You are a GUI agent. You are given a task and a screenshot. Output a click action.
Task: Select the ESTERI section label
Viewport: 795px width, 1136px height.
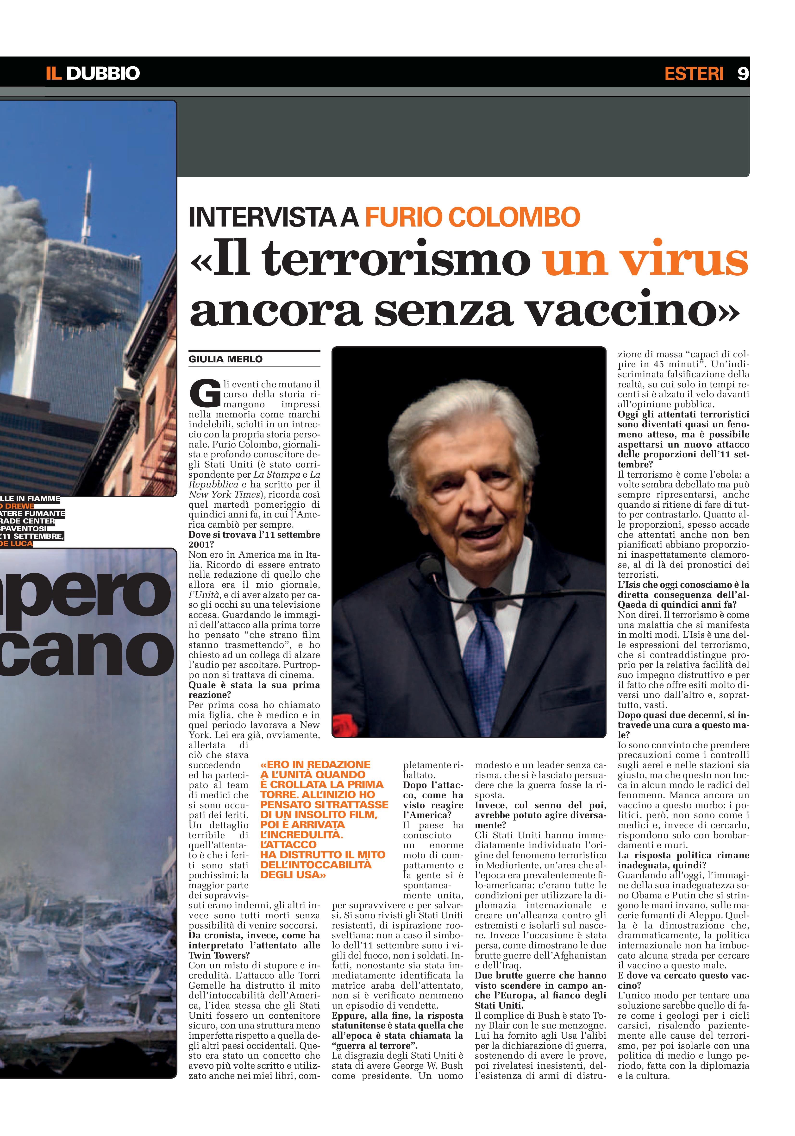(x=694, y=73)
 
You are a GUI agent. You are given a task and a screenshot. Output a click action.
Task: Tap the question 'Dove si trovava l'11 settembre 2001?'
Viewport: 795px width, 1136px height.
(x=254, y=539)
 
